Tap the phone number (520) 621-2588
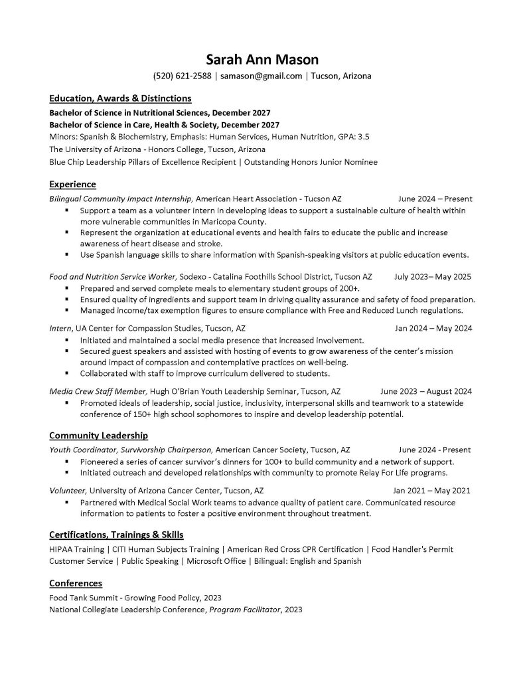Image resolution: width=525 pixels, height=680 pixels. [182, 76]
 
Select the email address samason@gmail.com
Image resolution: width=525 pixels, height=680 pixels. [262, 76]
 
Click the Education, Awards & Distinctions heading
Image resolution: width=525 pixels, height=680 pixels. [120, 98]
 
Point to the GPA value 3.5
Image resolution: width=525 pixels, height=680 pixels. [363, 137]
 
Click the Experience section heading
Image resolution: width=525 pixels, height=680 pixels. [73, 184]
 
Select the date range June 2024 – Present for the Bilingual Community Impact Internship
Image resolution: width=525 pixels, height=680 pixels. [435, 199]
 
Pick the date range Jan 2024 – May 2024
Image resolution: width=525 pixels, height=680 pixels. [433, 328]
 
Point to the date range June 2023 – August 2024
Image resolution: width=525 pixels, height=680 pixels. [426, 391]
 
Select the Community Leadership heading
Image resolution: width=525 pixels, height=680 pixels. [98, 436]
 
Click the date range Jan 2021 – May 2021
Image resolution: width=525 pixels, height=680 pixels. [431, 491]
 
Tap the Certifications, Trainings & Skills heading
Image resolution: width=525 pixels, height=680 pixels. [116, 535]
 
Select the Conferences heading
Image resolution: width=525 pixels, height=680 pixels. [76, 583]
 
